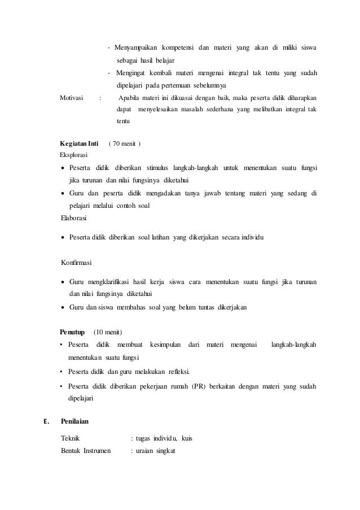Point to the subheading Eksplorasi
tap(74, 154)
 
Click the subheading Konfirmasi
tap(76, 263)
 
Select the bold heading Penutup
tap(72, 331)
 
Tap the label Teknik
tap(70, 438)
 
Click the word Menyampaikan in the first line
tap(135, 46)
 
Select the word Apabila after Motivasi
tap(131, 97)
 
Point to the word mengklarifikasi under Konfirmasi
tap(109, 281)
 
